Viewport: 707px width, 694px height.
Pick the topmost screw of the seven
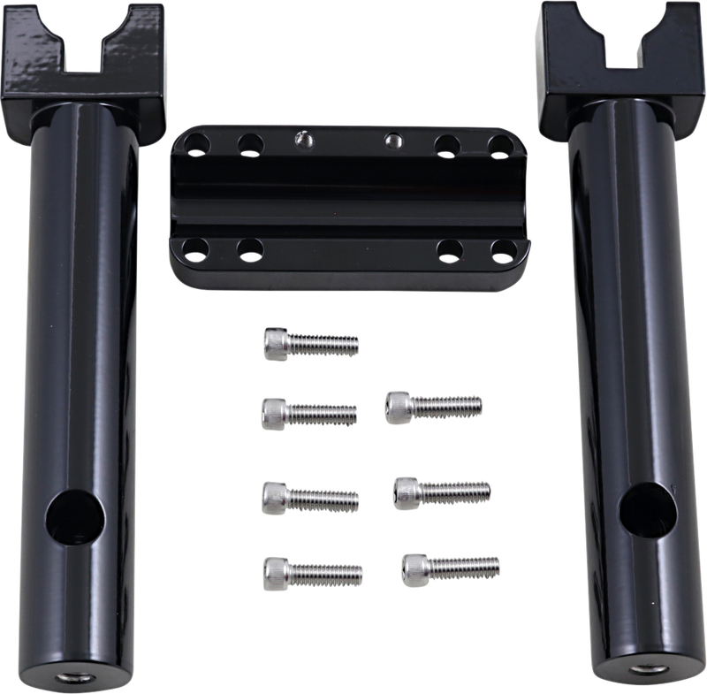coord(311,343)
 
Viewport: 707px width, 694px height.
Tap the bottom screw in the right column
coord(450,565)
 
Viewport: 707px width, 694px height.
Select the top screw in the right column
coord(433,405)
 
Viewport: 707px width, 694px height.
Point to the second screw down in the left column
coord(309,410)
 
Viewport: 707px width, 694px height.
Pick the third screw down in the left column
coord(309,495)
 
